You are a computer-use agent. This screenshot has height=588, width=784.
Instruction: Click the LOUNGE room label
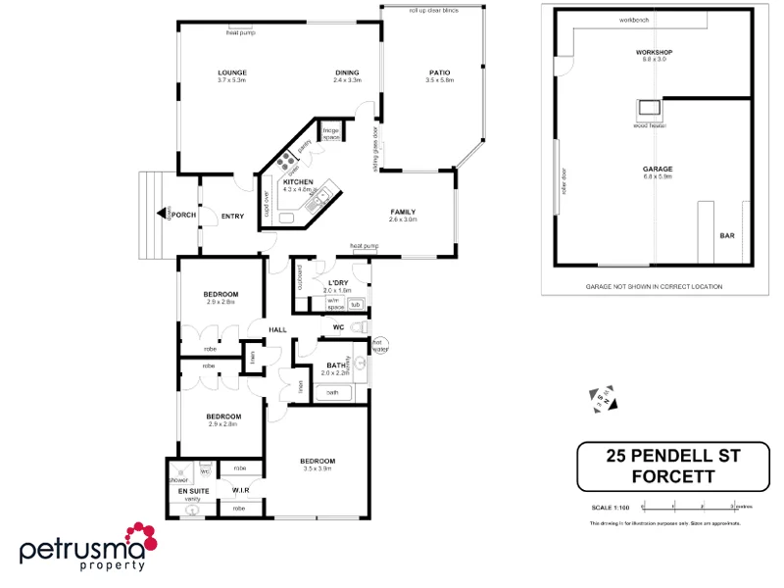pos(232,73)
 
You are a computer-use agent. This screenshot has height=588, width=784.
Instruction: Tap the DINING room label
pos(347,73)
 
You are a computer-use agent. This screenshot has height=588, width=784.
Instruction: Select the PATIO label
pos(440,73)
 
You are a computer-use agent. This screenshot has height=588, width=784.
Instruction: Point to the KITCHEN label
pos(298,182)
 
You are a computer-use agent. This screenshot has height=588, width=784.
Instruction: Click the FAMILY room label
pos(403,212)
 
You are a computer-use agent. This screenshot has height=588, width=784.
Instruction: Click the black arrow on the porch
pos(162,214)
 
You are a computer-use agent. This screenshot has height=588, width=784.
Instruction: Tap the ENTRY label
pos(232,217)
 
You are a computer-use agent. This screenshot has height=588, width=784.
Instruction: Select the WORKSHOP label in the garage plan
pos(653,52)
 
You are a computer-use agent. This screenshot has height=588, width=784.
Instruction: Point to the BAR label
pos(727,235)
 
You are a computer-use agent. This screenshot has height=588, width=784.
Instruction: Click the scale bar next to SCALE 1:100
pos(689,507)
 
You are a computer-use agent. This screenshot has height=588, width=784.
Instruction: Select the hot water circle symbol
pos(380,345)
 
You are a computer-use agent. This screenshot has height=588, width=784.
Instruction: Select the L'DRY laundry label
pos(338,283)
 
